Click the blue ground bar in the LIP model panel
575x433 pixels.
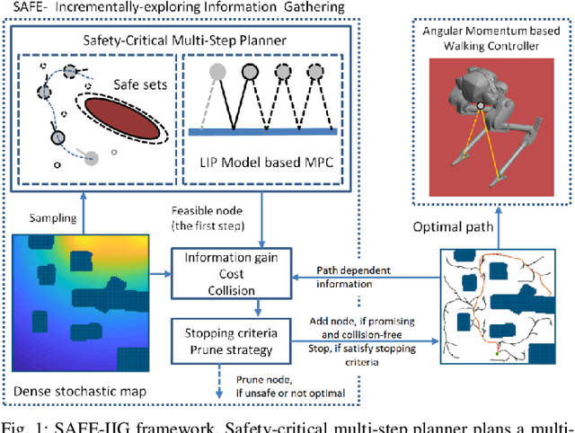click(261, 132)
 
